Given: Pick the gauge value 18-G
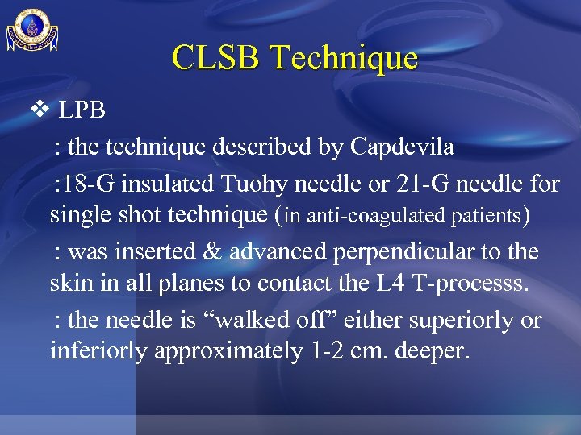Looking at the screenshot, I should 88,184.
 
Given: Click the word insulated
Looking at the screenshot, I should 167,184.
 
